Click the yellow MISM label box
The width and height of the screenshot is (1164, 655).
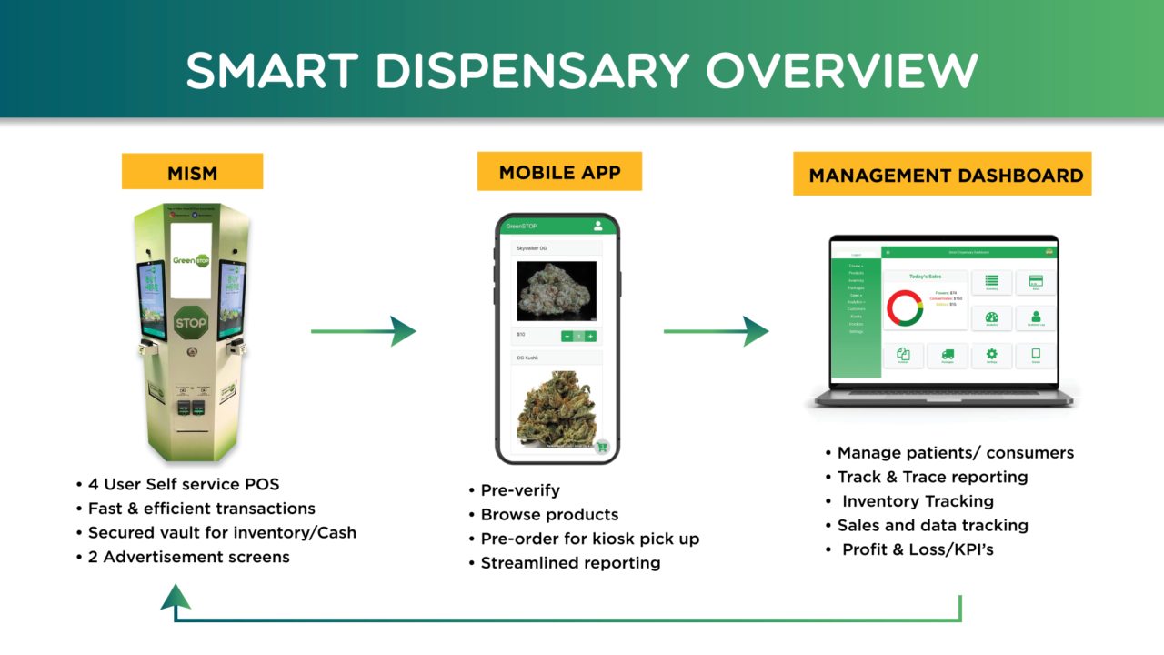[x=192, y=171]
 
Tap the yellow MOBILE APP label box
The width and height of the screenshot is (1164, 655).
[x=559, y=171]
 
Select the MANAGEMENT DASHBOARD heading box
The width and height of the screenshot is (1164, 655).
[x=942, y=174]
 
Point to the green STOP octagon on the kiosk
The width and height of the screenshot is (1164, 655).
[x=191, y=322]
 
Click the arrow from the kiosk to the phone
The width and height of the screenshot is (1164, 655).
[x=364, y=331]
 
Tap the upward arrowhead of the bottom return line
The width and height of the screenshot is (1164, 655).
[x=176, y=597]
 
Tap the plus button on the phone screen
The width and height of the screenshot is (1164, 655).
[x=590, y=337]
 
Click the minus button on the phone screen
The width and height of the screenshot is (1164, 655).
[x=567, y=337]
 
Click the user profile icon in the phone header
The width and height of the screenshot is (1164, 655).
[x=598, y=226]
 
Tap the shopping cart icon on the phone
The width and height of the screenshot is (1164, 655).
[x=601, y=446]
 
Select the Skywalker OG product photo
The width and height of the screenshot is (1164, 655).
[x=556, y=291]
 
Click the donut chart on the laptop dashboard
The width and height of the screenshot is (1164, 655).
[x=905, y=307]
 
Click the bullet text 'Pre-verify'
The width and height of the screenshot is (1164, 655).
[x=520, y=490]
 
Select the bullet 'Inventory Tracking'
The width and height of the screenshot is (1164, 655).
[x=917, y=501]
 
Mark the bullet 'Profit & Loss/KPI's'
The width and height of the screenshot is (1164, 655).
[x=917, y=549]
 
